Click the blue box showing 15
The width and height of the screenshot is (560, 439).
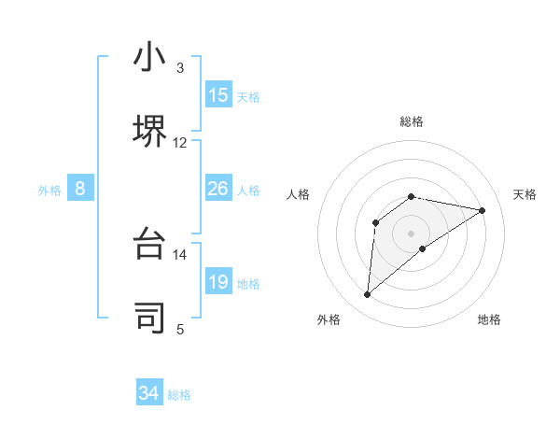[218, 95]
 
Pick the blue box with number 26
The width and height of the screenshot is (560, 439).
[218, 190]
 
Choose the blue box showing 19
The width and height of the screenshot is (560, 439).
[218, 282]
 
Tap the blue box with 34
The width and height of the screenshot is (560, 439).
[149, 393]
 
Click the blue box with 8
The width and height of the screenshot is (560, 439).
[80, 190]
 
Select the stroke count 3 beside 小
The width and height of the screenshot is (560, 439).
[180, 68]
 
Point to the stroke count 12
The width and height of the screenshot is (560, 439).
[180, 143]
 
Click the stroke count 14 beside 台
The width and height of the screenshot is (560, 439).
[180, 255]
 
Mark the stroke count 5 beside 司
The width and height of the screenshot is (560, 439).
[180, 329]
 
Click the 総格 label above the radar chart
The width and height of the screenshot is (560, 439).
[412, 121]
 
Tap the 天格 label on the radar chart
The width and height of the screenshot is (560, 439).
[525, 194]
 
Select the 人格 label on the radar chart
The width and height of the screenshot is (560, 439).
[299, 194]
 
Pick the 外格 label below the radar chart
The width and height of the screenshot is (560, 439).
[329, 319]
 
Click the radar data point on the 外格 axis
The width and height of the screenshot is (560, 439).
[368, 295]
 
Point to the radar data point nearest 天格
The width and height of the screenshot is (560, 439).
[483, 210]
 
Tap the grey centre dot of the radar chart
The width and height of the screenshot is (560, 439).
[412, 233]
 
